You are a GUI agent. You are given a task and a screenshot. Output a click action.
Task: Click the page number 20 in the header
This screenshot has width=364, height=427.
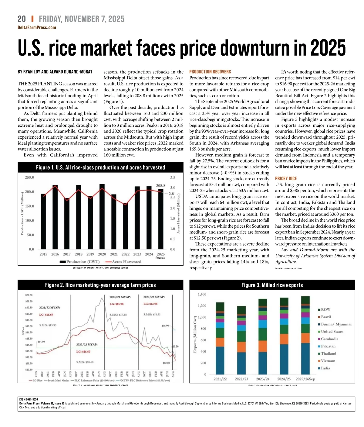click(x=22, y=19)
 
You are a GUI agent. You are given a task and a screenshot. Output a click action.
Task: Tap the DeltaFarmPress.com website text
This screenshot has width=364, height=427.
click(x=37, y=27)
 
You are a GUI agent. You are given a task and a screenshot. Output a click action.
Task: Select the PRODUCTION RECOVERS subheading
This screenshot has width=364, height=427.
click(x=210, y=72)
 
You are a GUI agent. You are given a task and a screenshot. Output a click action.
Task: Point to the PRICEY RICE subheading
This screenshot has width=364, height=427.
click(x=286, y=178)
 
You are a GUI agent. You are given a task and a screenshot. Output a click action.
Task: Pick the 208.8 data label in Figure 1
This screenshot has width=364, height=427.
click(x=160, y=185)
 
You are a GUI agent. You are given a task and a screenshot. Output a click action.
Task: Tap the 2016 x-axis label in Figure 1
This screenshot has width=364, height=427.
click(x=55, y=254)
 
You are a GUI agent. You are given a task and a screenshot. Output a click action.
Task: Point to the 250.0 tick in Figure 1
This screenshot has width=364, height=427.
click(x=29, y=177)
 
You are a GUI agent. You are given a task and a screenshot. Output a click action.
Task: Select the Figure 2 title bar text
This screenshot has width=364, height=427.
click(x=100, y=285)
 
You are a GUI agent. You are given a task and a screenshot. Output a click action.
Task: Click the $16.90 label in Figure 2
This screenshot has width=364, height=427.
click(x=165, y=325)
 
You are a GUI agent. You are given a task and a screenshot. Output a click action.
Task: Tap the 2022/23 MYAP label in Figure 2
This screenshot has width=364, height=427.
click(x=87, y=345)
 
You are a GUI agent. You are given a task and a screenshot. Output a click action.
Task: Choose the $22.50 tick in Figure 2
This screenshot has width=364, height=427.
click(x=29, y=295)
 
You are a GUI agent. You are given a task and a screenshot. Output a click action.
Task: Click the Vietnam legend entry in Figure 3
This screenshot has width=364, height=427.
click(x=328, y=361)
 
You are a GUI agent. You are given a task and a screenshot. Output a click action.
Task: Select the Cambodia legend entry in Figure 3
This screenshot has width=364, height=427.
click(x=329, y=339)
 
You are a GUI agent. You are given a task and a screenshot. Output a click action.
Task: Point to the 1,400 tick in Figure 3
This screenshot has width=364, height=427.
click(x=202, y=294)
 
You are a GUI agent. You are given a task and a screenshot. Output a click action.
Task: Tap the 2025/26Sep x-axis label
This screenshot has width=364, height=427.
click(x=305, y=379)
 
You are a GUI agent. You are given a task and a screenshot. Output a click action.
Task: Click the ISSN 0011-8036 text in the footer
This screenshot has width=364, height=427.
click(x=29, y=400)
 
